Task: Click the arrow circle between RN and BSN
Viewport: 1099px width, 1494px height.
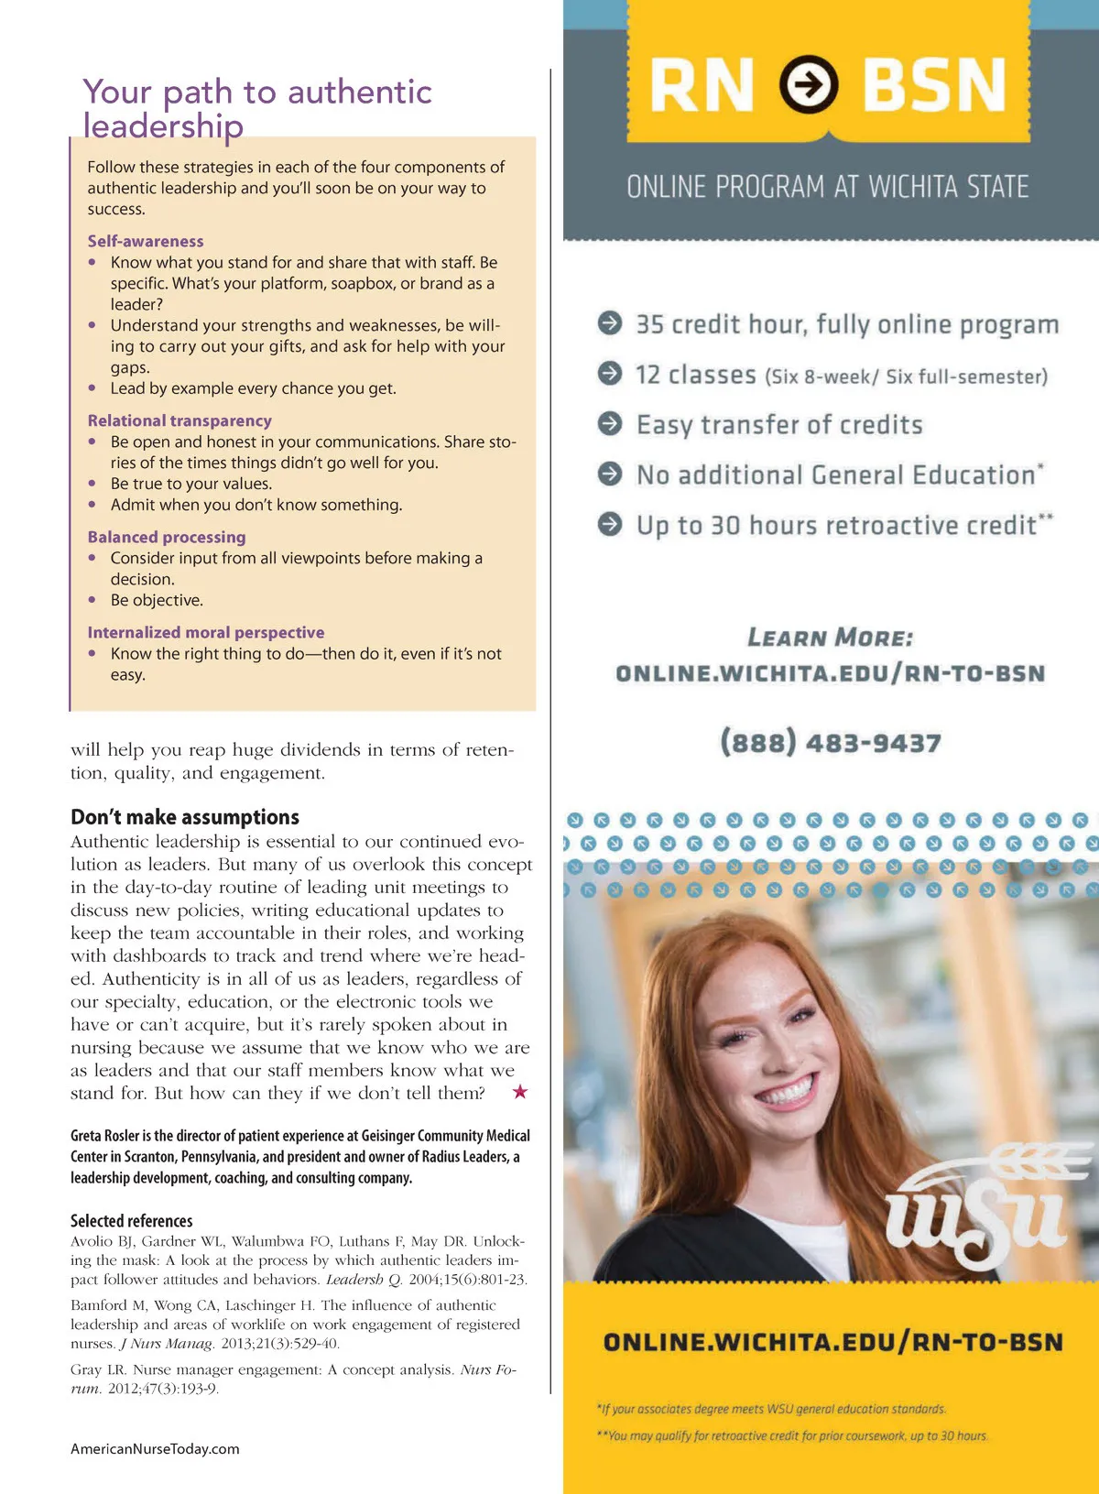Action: (809, 84)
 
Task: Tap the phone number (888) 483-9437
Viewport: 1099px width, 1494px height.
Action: (831, 742)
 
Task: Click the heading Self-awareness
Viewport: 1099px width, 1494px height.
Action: (146, 241)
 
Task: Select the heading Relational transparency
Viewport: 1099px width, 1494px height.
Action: (180, 420)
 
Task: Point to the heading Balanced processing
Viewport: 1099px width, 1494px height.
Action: (167, 537)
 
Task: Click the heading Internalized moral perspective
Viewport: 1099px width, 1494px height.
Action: (206, 632)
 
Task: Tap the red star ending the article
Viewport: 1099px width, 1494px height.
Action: (520, 1091)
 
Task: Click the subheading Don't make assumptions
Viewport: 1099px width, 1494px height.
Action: (185, 817)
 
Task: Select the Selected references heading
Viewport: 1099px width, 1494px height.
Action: (132, 1220)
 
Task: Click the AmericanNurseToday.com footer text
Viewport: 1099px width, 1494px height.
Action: (155, 1449)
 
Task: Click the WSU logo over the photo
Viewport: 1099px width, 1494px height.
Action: (980, 1209)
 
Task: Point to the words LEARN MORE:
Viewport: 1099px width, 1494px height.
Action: (830, 638)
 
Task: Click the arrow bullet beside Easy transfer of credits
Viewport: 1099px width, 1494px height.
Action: (610, 423)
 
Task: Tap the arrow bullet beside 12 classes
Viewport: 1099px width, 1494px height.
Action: (610, 373)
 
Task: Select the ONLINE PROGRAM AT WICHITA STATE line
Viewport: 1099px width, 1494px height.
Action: (828, 187)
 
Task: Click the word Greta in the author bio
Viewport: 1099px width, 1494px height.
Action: (87, 1136)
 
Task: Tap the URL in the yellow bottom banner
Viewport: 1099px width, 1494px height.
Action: (832, 1342)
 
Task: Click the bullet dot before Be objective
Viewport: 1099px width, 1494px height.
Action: (92, 600)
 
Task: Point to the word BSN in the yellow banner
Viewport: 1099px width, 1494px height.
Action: (934, 85)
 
